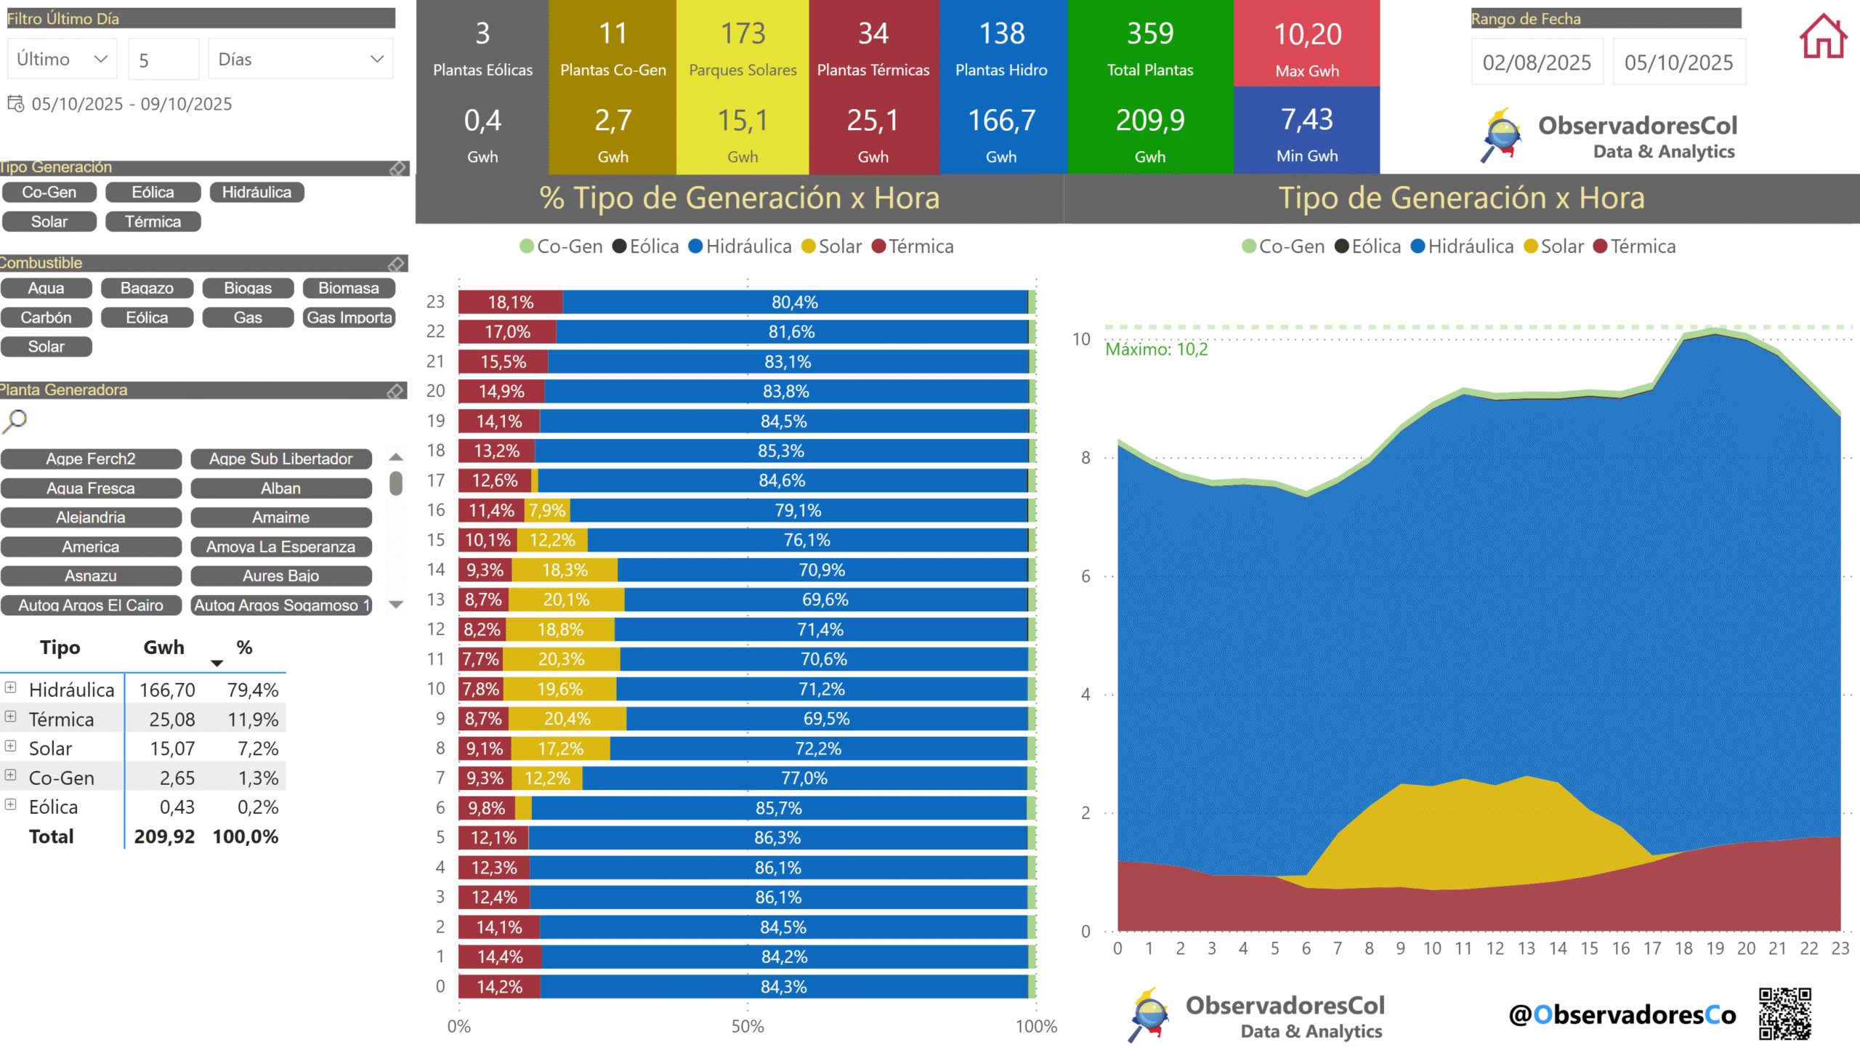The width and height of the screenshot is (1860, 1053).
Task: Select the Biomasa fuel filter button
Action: pyautogui.click(x=349, y=289)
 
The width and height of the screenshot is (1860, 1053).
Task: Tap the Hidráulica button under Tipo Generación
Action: pyautogui.click(x=256, y=193)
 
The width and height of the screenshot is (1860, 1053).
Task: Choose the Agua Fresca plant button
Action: pyautogui.click(x=91, y=488)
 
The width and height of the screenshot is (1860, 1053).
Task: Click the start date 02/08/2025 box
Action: pyautogui.click(x=1537, y=62)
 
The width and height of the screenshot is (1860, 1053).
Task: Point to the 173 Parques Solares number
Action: pyautogui.click(x=743, y=33)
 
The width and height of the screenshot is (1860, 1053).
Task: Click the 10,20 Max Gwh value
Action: pyautogui.click(x=1307, y=34)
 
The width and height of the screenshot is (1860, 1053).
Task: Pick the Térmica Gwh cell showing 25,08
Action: pyautogui.click(x=172, y=719)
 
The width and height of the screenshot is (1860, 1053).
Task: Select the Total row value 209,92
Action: pyautogui.click(x=164, y=836)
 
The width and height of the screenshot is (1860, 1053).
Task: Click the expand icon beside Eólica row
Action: pyautogui.click(x=11, y=804)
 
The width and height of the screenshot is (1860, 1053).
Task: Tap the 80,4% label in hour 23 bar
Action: pyautogui.click(x=795, y=302)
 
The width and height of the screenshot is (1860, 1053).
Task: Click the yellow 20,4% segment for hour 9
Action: pyautogui.click(x=567, y=719)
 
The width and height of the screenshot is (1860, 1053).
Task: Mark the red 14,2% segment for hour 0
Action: pyautogui.click(x=499, y=987)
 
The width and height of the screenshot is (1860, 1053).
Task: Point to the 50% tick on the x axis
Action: pyautogui.click(x=748, y=1026)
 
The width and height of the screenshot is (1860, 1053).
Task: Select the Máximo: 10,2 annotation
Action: pyautogui.click(x=1156, y=350)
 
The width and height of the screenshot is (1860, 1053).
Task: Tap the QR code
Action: pyautogui.click(x=1785, y=1014)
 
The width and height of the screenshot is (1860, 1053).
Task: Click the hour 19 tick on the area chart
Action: pyautogui.click(x=1715, y=948)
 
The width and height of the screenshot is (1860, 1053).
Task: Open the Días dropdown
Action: pyautogui.click(x=301, y=60)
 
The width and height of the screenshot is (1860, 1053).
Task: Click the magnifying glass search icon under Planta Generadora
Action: pyautogui.click(x=15, y=421)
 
